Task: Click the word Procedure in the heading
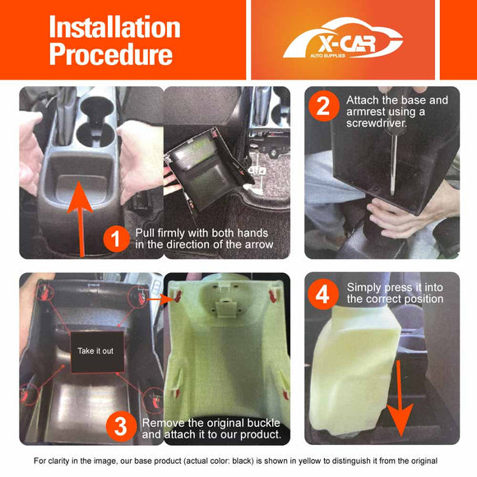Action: point(110,53)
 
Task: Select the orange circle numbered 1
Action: point(116,238)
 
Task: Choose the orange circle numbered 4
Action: point(322,292)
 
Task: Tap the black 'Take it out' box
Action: point(98,351)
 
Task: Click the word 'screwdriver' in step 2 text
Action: point(380,123)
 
